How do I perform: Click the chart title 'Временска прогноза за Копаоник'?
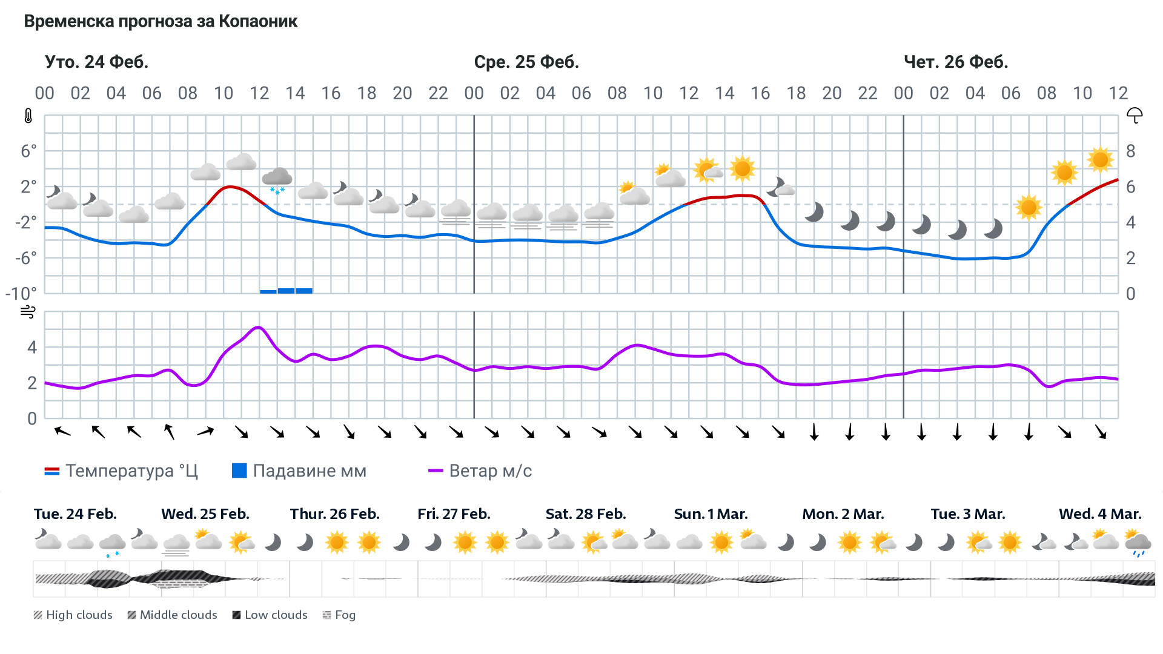click(x=161, y=22)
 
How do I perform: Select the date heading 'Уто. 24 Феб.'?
click(x=96, y=62)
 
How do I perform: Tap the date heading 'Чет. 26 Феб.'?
click(x=955, y=62)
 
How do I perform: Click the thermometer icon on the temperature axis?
click(x=28, y=116)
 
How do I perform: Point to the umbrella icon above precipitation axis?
click(x=1134, y=115)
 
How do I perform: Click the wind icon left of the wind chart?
click(x=28, y=312)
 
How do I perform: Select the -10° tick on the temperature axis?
click(x=21, y=294)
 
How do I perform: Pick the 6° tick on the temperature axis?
click(x=28, y=151)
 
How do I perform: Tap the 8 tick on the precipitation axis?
click(x=1130, y=151)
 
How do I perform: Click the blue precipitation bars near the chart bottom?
click(x=286, y=291)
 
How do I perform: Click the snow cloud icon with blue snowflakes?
click(x=277, y=180)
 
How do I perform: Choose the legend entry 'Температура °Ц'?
click(x=121, y=471)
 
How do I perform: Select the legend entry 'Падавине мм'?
click(x=299, y=471)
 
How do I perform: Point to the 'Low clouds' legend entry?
click(x=270, y=615)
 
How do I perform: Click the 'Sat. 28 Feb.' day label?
click(x=586, y=514)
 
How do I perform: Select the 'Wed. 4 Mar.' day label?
click(x=1100, y=514)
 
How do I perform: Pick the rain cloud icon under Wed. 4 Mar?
click(x=1138, y=543)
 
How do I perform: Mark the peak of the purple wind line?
click(x=259, y=327)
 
